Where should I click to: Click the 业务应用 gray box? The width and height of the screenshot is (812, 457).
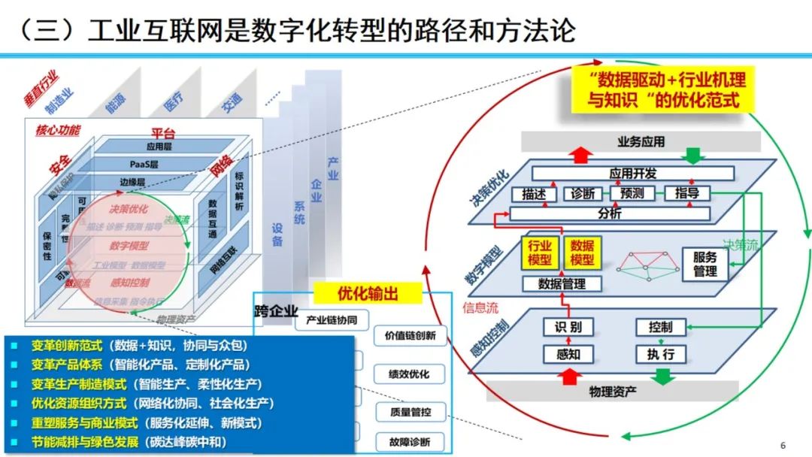click(641, 141)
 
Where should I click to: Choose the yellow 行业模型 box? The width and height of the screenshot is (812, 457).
click(540, 253)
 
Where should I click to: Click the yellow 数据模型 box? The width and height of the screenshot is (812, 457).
click(582, 253)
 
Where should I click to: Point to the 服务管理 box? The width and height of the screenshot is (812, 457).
click(704, 264)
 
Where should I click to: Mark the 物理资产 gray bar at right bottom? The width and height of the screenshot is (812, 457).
click(612, 392)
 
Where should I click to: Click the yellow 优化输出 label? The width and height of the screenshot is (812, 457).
click(368, 293)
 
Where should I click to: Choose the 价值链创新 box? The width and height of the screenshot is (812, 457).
click(410, 336)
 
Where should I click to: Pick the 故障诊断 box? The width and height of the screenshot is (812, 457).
click(410, 442)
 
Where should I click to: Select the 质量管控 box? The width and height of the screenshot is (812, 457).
click(410, 411)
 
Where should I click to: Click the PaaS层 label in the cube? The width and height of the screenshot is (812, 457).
click(144, 164)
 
